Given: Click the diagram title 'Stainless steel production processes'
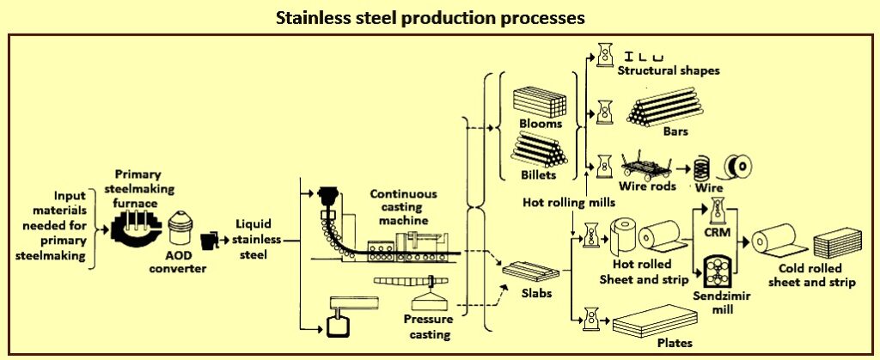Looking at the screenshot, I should [x=439, y=16].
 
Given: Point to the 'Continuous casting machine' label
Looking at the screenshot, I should [x=404, y=207].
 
